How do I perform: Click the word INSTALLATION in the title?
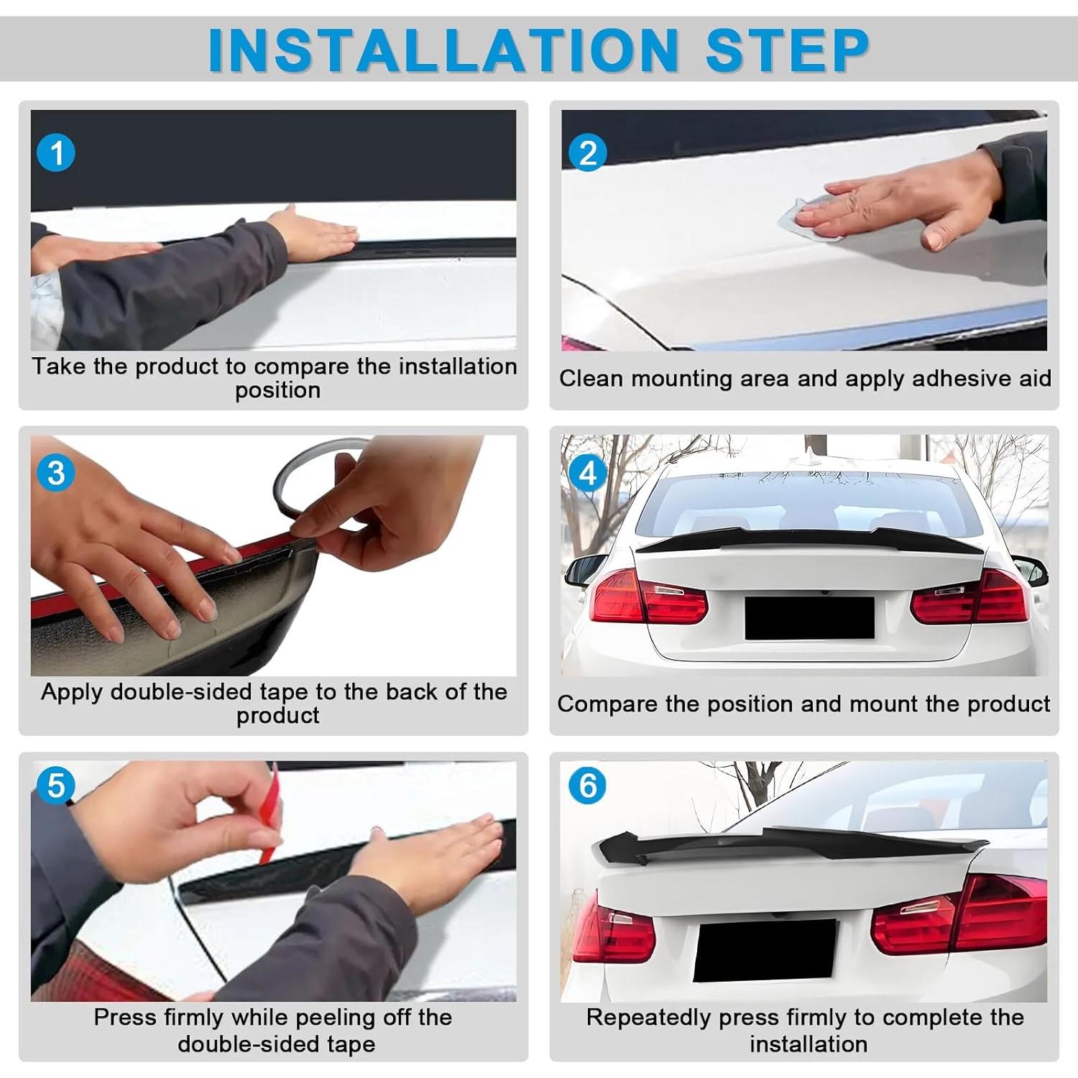pyautogui.click(x=443, y=50)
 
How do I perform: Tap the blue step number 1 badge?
pyautogui.click(x=56, y=153)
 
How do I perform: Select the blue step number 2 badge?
pyautogui.click(x=587, y=153)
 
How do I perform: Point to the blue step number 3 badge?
pyautogui.click(x=56, y=473)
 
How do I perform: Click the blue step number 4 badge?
pyautogui.click(x=587, y=473)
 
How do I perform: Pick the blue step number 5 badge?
pyautogui.click(x=56, y=786)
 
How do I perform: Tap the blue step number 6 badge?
pyautogui.click(x=587, y=786)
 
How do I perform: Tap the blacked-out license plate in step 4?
pyautogui.click(x=809, y=617)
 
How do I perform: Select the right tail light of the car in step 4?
pyautogui.click(x=970, y=596)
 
